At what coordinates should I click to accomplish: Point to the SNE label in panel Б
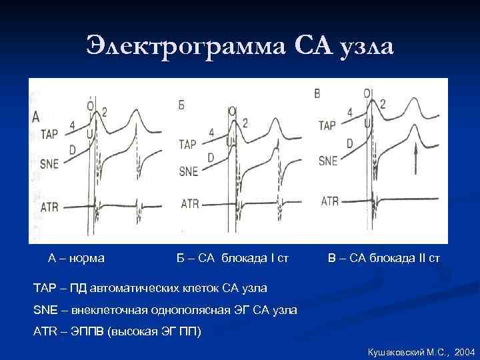coord(189,171)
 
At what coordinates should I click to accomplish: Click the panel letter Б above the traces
coord(181,105)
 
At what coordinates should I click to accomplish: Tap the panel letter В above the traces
coord(317,94)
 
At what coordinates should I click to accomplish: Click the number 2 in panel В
coord(383,103)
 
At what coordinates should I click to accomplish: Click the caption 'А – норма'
coord(81,257)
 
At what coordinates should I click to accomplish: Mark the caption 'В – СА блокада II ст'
coord(384,257)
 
